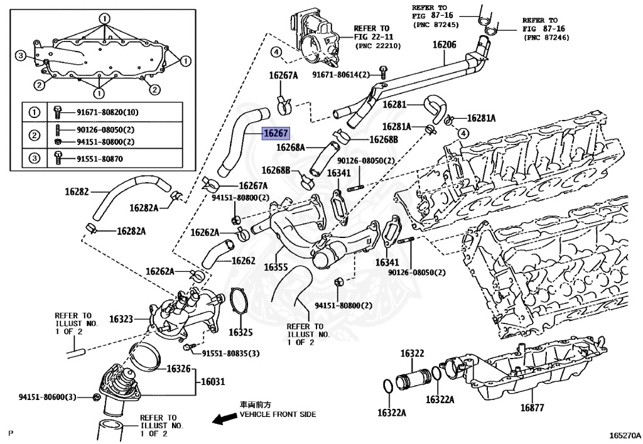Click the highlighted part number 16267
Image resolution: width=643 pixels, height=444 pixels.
click(276, 133)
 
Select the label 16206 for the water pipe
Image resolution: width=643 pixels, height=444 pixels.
click(444, 45)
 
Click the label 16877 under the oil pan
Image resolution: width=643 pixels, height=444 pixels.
click(532, 408)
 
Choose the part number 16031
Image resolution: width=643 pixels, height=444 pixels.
click(212, 381)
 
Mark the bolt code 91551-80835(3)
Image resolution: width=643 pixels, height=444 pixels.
click(230, 354)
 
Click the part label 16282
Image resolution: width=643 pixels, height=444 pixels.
click(77, 191)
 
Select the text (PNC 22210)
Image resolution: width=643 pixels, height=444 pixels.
click(381, 46)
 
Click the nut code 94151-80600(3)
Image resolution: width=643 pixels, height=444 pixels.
click(47, 397)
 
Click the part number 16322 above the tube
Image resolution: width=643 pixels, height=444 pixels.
click(413, 354)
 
